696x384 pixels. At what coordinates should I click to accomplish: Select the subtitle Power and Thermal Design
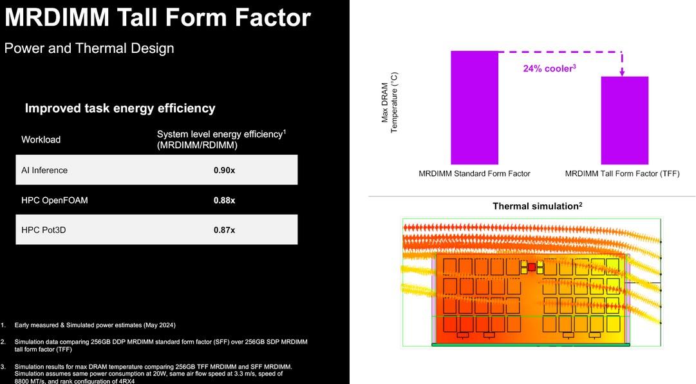coord(89,48)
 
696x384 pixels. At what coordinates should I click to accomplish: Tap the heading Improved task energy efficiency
coord(120,108)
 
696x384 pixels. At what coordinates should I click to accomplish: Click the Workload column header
coord(41,139)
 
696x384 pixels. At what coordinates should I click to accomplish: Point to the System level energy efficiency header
coord(221,139)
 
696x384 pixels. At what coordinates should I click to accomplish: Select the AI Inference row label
coord(44,170)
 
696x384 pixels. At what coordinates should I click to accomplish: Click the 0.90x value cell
coord(224,170)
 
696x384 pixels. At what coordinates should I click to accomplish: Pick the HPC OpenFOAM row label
coord(55,200)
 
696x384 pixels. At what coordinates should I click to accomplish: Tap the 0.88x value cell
coord(224,200)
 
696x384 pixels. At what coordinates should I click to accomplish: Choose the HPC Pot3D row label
coord(44,230)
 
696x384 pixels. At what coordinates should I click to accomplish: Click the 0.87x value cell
coord(224,230)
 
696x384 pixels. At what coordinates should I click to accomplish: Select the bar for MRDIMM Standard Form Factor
coord(475,108)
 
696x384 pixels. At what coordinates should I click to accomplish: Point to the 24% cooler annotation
coord(549,68)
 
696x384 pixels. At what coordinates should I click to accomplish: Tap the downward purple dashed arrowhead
coord(622,72)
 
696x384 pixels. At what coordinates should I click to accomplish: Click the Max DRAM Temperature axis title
coord(390,102)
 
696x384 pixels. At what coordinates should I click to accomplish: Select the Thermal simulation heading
coord(537,206)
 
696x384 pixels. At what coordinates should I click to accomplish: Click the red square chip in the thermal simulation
coord(532,267)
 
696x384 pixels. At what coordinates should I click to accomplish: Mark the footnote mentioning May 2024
coord(95,325)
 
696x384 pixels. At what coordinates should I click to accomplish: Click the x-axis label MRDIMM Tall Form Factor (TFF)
coord(623,173)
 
